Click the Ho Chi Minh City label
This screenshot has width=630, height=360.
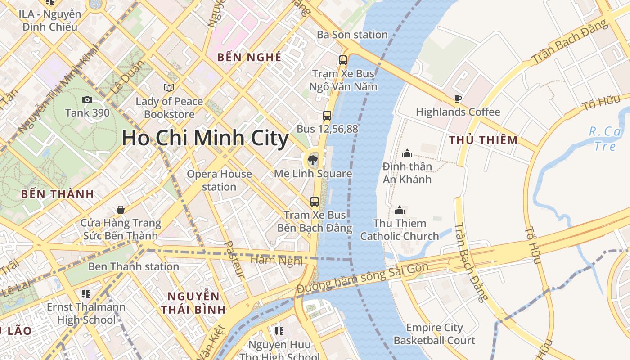click(x=205, y=138)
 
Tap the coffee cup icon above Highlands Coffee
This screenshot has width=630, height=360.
click(x=458, y=99)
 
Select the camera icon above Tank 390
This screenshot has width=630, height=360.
click(x=87, y=100)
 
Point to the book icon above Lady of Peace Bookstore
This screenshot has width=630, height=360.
click(x=169, y=88)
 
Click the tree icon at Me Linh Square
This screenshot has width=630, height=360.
click(x=311, y=159)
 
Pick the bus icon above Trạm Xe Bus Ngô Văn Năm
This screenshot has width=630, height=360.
click(x=343, y=60)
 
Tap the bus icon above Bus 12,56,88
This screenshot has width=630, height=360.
click(x=327, y=116)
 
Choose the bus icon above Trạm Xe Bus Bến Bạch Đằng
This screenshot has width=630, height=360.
click(x=315, y=202)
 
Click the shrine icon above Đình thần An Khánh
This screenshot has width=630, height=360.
click(x=407, y=153)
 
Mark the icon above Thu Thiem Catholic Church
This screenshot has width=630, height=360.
click(x=400, y=210)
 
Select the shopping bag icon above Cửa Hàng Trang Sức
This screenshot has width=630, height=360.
click(x=121, y=210)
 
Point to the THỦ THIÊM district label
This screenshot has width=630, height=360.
click(x=483, y=140)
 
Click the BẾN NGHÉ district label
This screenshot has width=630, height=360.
click(x=249, y=57)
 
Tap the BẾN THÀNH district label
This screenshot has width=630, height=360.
click(x=58, y=194)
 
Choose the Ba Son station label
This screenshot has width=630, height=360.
click(x=352, y=35)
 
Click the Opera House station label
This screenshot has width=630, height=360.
click(x=219, y=180)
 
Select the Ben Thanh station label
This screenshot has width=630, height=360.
click(x=134, y=266)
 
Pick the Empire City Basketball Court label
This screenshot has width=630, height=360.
click(x=434, y=334)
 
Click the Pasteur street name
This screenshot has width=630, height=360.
click(x=234, y=259)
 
